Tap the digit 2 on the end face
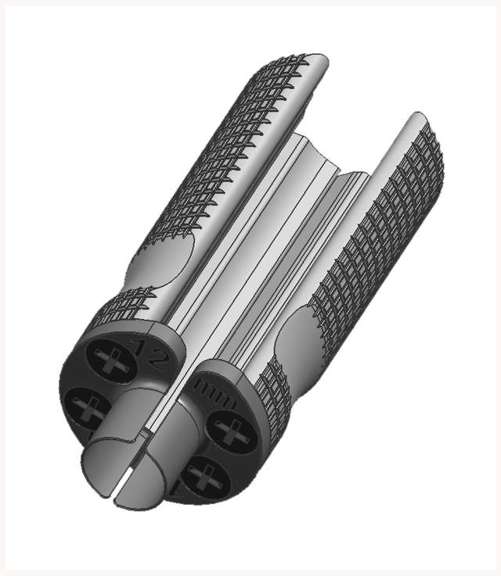pyautogui.click(x=157, y=357)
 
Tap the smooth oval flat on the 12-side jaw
pyautogui.click(x=160, y=266)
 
